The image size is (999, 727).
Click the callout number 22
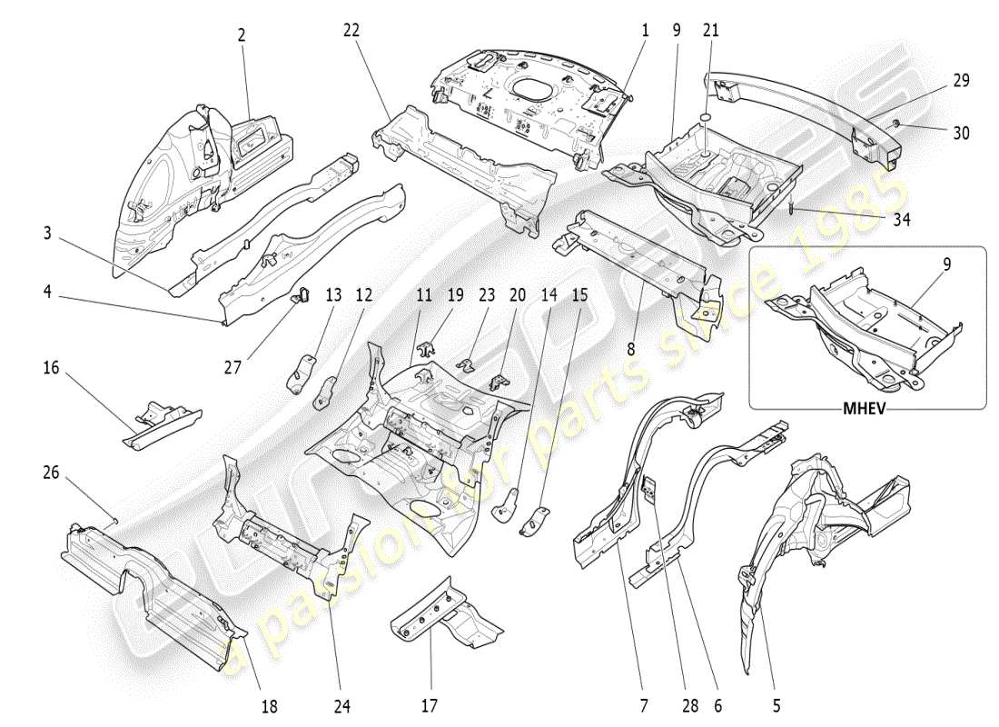click(x=351, y=30)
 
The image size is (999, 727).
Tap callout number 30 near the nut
click(x=962, y=133)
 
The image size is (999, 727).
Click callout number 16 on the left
click(x=50, y=368)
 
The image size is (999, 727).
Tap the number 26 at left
click(x=50, y=473)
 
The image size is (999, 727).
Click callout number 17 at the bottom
click(x=430, y=704)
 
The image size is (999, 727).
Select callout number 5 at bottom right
click(x=776, y=704)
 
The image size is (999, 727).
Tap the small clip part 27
click(x=301, y=293)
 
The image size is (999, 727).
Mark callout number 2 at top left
click(x=242, y=35)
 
